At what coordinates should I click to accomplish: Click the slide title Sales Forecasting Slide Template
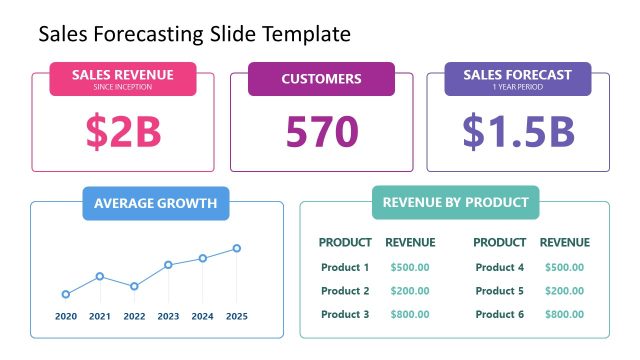point(194,34)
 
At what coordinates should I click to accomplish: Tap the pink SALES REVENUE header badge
point(123,79)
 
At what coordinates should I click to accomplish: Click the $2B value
point(123,131)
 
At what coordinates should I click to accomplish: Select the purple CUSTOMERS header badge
point(321,79)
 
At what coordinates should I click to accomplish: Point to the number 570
point(321,131)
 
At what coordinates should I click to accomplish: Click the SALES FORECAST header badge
point(517,79)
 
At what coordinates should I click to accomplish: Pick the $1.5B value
point(517,131)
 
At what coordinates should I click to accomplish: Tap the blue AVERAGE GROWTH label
point(155,203)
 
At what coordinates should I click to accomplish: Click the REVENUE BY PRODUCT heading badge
point(455,202)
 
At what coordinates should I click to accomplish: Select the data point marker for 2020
point(66,294)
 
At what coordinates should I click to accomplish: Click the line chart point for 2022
point(134,286)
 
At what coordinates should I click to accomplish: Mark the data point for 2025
point(237,248)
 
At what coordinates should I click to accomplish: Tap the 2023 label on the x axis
point(168,316)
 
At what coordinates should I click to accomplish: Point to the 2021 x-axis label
point(100,316)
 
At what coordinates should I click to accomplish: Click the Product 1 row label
point(345,267)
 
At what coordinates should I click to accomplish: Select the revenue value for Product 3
point(410,314)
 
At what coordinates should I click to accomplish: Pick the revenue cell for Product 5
point(565,291)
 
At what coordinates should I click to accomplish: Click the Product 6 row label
point(500,314)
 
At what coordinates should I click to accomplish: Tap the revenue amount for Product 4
point(565,267)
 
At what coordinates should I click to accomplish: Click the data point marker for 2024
point(203,258)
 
